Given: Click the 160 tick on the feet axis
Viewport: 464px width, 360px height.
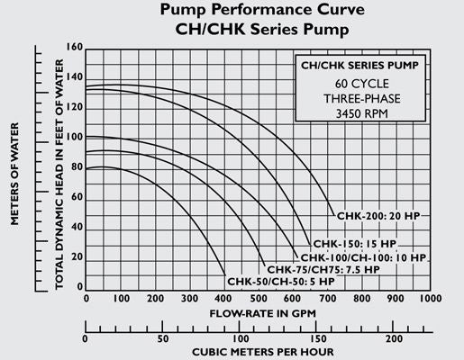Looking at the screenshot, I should point(73,48).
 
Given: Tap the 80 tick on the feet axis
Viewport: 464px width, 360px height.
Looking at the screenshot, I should point(76,167).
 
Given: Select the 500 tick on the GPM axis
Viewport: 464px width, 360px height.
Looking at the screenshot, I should point(258,298).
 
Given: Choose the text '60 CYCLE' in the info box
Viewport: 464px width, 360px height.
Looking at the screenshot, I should point(358,84).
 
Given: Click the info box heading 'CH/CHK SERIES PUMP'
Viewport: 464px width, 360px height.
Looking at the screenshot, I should point(358,67).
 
